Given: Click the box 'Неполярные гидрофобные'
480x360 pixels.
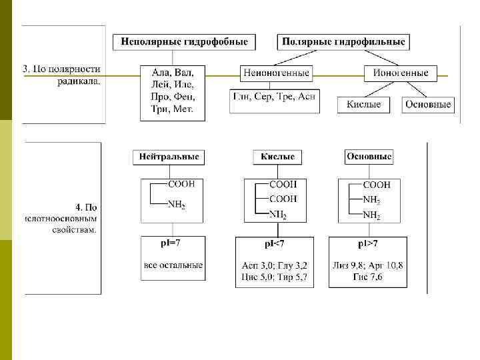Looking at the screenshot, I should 184,42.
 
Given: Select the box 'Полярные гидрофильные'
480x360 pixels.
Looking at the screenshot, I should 343,42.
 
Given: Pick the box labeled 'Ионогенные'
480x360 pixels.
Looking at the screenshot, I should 401,73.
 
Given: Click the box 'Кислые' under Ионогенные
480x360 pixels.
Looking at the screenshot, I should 363,105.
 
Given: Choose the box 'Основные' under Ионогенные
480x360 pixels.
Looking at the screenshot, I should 428,105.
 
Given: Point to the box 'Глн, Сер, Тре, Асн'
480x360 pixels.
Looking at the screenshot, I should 274,97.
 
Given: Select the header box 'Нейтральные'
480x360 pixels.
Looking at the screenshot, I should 169,157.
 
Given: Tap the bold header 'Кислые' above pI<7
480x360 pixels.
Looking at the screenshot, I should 277,157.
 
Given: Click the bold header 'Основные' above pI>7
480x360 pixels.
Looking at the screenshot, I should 369,157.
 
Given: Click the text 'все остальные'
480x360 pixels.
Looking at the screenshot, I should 173,265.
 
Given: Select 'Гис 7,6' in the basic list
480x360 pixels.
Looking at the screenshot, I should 368,277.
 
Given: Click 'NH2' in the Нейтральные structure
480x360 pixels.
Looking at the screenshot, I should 176,205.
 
